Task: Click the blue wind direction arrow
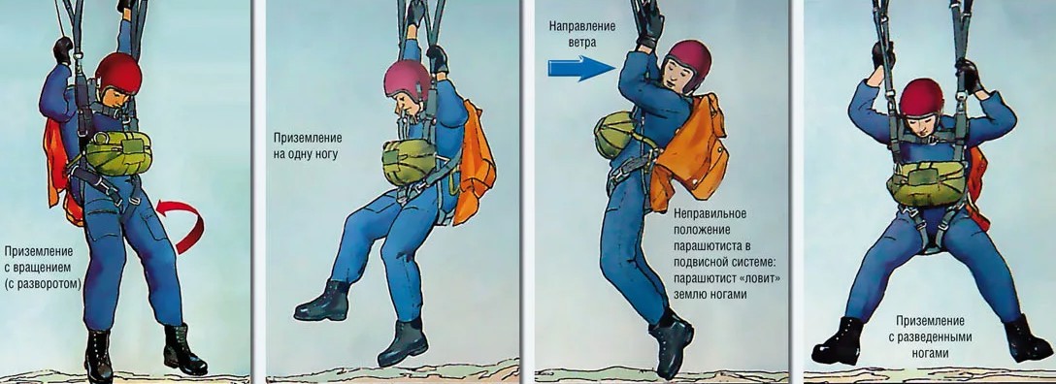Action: coord(581,69)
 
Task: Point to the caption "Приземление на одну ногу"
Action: coord(307,145)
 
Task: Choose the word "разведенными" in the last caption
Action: coord(930,336)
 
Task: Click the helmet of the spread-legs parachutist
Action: coord(922,98)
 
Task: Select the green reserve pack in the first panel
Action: coord(117,152)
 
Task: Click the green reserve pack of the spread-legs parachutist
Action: coord(927,183)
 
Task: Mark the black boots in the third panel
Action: coord(671,345)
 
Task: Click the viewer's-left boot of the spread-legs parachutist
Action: coord(839,341)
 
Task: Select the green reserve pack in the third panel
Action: coord(614,135)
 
